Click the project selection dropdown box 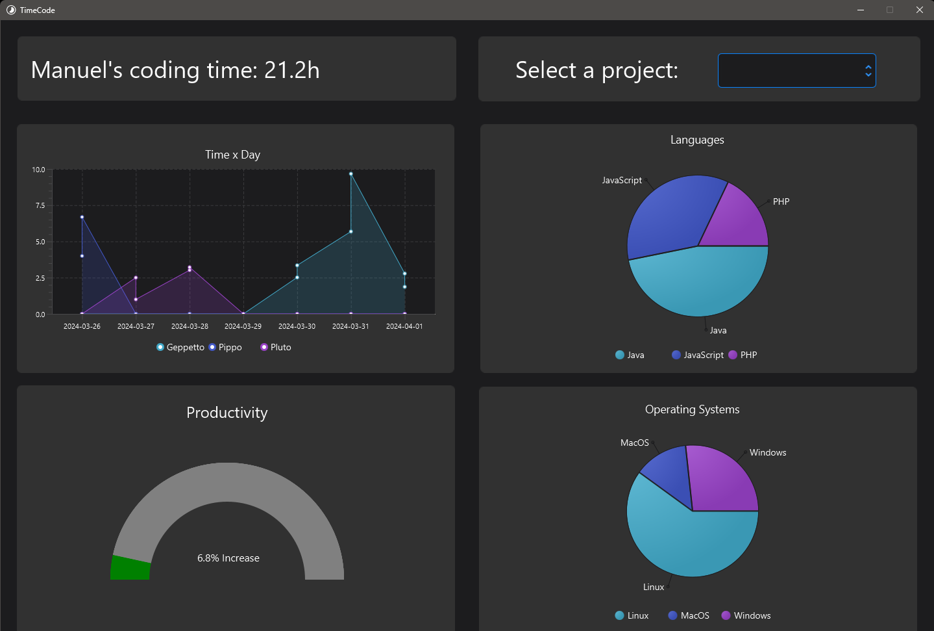tap(796, 70)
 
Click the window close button tap(919, 10)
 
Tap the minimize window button tap(861, 10)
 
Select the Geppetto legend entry tap(180, 347)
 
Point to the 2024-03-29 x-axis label tap(243, 326)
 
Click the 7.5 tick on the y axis tap(40, 205)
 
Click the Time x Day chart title tap(232, 155)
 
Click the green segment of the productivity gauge tap(130, 568)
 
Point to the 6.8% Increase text tap(228, 558)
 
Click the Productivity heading tap(227, 413)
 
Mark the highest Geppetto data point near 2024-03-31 tap(351, 174)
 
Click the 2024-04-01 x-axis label tap(404, 326)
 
